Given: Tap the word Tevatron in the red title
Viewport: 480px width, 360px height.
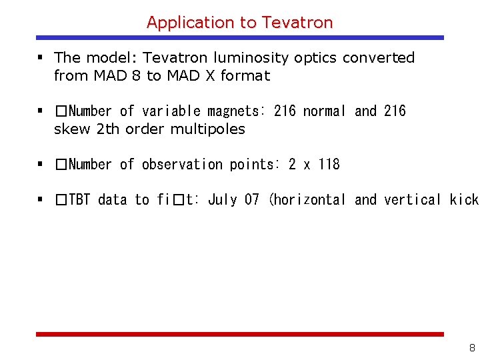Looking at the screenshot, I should pos(297,22).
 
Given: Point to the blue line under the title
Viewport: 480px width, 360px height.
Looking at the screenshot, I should pos(239,38).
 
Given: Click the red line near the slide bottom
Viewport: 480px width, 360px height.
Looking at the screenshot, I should pos(239,334).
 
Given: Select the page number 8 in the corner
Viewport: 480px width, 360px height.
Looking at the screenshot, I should pos(472,347).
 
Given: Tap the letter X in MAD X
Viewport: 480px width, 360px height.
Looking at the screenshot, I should pos(209,76).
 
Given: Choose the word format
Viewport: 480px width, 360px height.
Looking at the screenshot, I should pos(245,76).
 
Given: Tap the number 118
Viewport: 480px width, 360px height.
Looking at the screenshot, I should pos(329,165).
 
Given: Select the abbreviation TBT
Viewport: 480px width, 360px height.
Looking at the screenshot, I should pos(79,200).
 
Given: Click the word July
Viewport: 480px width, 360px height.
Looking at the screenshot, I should pos(223,200).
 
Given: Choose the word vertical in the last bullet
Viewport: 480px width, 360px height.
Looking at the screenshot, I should pos(412,200).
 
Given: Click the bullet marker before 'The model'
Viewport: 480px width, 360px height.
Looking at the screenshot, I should pos(41,58).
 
